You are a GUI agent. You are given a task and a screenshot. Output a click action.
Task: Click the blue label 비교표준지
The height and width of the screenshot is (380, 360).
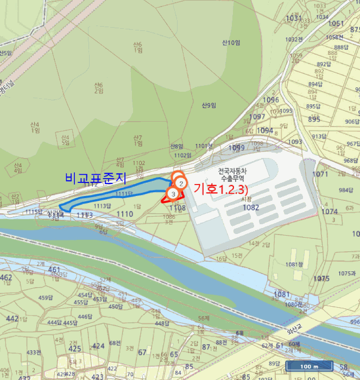point(95,178)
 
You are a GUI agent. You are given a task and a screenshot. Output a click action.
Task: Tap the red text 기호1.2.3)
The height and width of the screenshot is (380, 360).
point(220,189)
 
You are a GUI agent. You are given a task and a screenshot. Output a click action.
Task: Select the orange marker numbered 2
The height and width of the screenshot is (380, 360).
point(181,183)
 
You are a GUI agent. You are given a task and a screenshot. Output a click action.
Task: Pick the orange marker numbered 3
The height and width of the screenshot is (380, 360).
point(173,193)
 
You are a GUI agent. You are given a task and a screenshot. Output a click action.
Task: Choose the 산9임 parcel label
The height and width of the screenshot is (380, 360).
point(209,105)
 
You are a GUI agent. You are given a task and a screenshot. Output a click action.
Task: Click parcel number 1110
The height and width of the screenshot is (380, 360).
point(124,214)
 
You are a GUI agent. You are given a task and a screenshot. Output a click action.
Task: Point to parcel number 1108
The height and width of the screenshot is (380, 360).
point(177,208)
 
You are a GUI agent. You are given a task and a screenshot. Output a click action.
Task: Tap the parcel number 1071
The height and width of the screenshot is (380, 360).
point(321,174)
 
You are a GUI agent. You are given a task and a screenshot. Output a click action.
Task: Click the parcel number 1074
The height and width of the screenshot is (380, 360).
point(330,212)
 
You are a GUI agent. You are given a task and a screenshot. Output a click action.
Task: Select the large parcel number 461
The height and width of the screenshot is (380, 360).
point(54,269)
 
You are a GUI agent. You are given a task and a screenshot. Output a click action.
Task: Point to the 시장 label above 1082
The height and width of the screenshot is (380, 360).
point(247,199)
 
